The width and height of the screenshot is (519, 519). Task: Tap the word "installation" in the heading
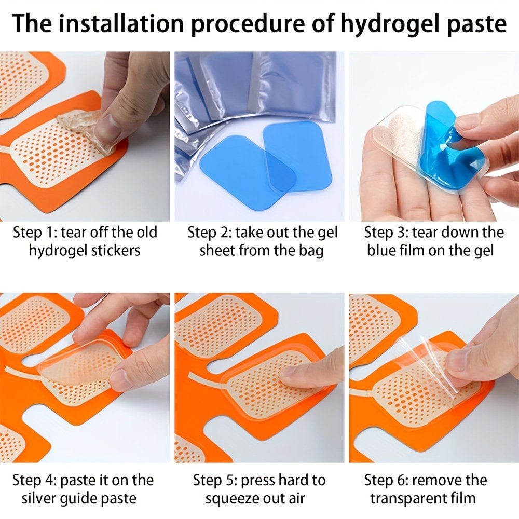tap(121, 23)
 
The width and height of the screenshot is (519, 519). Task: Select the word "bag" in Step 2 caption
tap(311, 251)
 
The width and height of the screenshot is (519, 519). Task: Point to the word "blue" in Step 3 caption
tap(380, 250)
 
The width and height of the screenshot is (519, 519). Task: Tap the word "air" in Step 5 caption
tap(296, 498)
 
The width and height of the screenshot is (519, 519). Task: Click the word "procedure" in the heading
tap(248, 24)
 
